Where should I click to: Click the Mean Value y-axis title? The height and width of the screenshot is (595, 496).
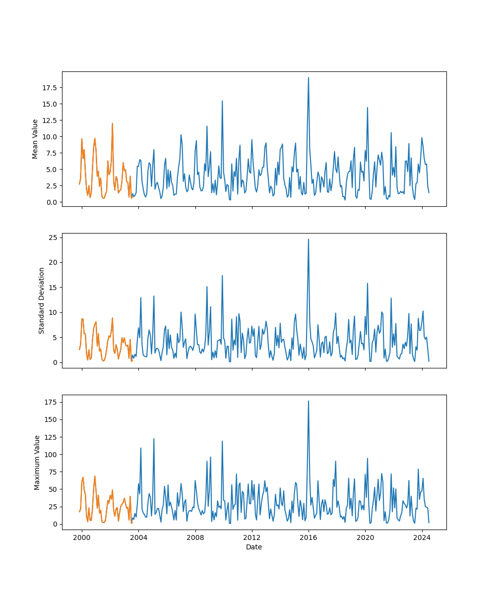tap(35, 139)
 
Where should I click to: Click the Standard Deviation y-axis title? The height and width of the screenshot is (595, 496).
tap(42, 300)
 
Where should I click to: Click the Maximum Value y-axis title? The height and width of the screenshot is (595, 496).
tap(37, 462)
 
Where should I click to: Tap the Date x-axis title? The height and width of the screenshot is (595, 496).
tap(254, 547)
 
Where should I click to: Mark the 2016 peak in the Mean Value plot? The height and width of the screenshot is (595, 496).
tap(309, 78)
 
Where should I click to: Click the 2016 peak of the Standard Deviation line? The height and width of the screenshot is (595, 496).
tap(309, 239)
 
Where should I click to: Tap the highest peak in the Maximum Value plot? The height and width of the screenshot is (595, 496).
tap(309, 401)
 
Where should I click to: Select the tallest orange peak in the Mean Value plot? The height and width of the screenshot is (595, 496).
tap(113, 123)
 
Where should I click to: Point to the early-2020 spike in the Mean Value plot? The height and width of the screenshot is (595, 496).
tap(368, 108)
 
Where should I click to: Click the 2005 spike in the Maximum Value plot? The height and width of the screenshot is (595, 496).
tap(154, 439)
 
